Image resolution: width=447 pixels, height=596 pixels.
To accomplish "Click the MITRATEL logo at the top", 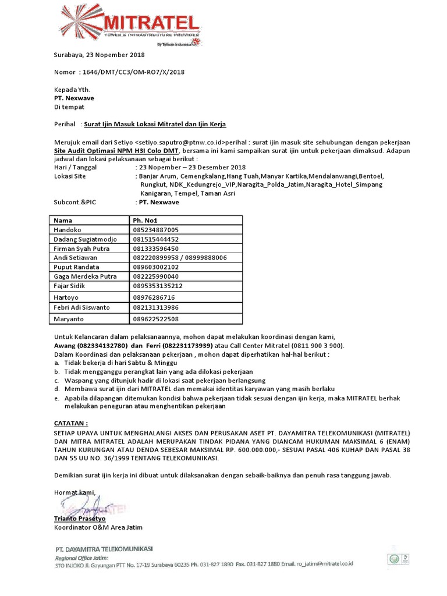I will coord(134,24).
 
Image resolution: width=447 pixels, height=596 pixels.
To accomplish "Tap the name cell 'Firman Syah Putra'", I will coord(81,248).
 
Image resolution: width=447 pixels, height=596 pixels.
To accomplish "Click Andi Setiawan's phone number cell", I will coord(180,257).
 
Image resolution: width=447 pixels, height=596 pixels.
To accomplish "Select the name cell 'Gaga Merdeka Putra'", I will coord(85,276).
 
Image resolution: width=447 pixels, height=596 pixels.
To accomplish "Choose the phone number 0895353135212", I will coord(158,286).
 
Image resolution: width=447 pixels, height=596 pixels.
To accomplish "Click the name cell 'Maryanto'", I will coord(69,319).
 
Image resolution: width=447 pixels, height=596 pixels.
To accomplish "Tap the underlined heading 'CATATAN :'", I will coord(71,424).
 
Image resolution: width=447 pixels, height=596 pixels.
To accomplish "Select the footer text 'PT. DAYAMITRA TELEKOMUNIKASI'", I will coord(104,549).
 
